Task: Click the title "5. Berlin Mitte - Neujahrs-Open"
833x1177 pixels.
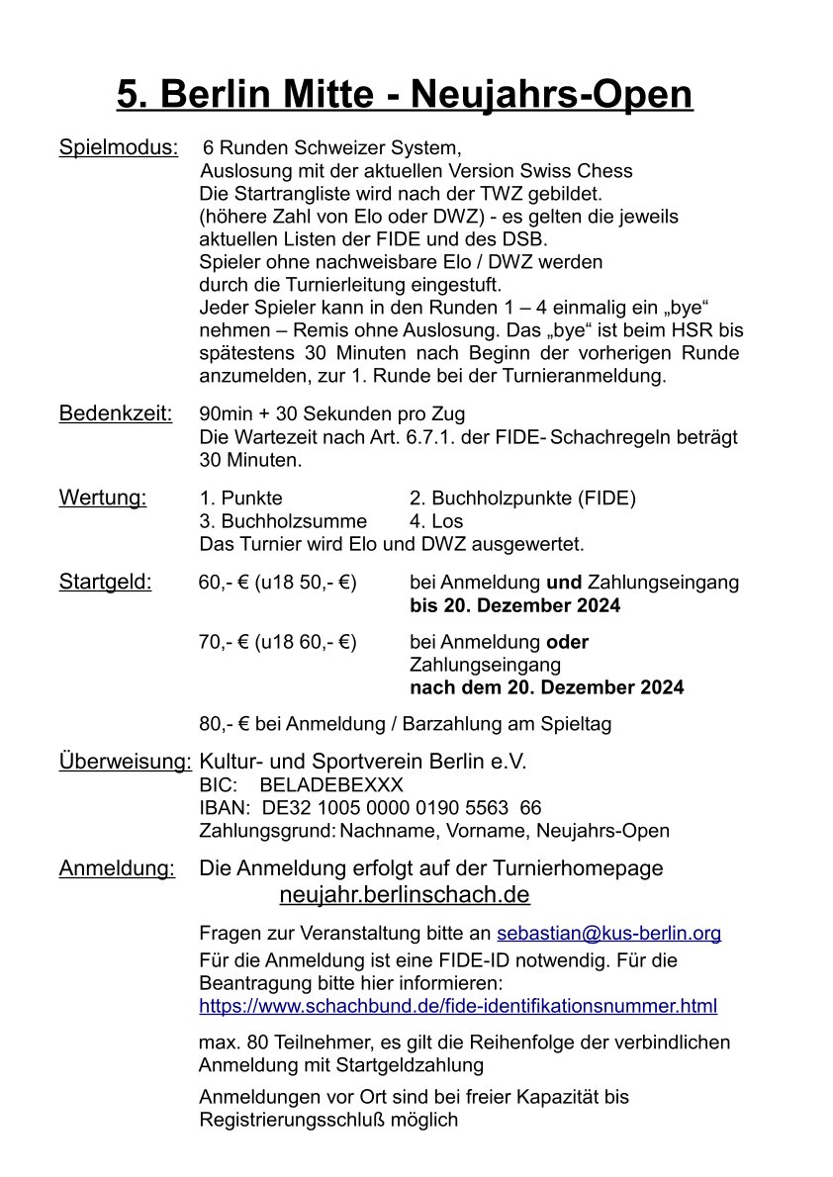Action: [405, 96]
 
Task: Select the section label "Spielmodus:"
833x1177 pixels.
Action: [119, 148]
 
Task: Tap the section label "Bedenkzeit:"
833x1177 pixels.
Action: [116, 413]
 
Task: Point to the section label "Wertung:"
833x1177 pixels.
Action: [103, 498]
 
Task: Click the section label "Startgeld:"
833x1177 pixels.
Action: [106, 582]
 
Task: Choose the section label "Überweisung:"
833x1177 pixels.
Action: [126, 762]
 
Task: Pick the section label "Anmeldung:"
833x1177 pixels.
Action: [117, 868]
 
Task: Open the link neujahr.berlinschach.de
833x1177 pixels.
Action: [405, 895]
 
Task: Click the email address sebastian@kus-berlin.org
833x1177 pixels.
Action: [608, 933]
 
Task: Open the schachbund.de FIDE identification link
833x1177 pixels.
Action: [458, 1007]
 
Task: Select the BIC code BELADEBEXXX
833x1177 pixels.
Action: [331, 785]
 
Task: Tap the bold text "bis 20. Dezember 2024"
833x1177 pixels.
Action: [514, 605]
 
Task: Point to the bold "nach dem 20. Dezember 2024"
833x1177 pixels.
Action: [546, 687]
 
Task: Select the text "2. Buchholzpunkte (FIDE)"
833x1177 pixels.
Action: [522, 498]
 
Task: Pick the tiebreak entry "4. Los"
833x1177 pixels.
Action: [435, 521]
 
